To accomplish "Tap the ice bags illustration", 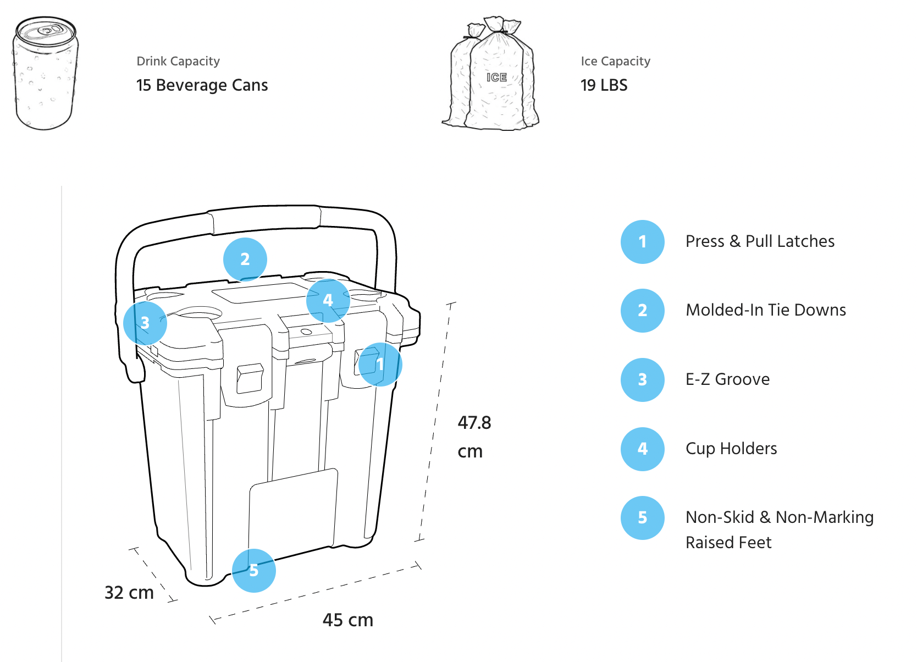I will coord(491,74).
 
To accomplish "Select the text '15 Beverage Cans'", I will coord(202,85).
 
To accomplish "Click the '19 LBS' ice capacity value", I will coord(604,85).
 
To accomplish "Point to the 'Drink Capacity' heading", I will coord(178,61).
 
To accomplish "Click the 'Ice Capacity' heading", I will coord(615,61).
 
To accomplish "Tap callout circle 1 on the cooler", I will coord(380,364).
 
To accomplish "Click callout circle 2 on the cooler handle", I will coord(245,259).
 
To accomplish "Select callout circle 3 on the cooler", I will coord(145,323).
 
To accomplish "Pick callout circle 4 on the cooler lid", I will coord(328,300).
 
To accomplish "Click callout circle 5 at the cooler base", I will coord(253,570).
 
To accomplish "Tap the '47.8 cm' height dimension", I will coord(474,437).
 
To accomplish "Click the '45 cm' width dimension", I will coord(347,620).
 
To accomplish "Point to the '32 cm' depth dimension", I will coord(129,593).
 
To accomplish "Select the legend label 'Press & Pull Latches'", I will coord(760,241).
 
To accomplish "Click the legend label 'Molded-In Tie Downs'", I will coord(765,310).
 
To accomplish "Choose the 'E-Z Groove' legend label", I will coord(727,379).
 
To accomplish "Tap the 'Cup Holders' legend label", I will coord(731,449).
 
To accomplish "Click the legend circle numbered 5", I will coord(642,518).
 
